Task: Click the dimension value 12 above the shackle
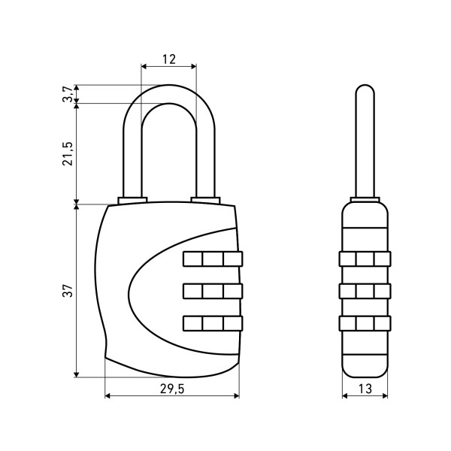(x=169, y=59)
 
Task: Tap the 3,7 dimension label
(x=68, y=94)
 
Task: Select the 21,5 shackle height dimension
(x=68, y=153)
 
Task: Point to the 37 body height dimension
(x=68, y=290)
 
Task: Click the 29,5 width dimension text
(x=172, y=389)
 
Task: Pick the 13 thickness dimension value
(x=365, y=389)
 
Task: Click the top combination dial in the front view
(x=213, y=259)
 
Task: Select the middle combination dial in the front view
(x=213, y=291)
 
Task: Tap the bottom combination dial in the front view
(x=213, y=323)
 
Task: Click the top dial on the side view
(x=365, y=259)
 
